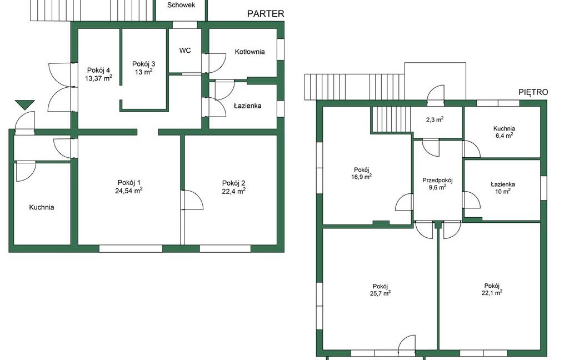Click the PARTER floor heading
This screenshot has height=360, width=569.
pos(266,14)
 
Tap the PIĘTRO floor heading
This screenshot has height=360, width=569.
pos(533,92)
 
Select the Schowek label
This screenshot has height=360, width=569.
pos(181,5)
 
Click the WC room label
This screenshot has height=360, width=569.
pos(185,51)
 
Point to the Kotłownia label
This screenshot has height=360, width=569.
pos(249,52)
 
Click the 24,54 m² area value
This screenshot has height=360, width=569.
pos(129,191)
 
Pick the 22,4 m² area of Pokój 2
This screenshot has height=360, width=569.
pos(234,191)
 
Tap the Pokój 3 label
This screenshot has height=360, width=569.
pos(144,64)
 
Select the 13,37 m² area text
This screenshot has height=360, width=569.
pos(98,78)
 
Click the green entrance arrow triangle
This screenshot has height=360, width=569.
pos(25,104)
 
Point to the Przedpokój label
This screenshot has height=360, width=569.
pos(438,180)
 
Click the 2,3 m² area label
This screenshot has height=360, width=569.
pos(435,119)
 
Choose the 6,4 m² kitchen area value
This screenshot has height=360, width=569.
pos(504,136)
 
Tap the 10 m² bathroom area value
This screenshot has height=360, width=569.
pos(502,191)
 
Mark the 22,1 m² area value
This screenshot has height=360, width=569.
pos(492,292)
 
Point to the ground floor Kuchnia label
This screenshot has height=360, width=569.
pos(42,207)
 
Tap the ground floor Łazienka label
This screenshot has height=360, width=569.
pos(247,106)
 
